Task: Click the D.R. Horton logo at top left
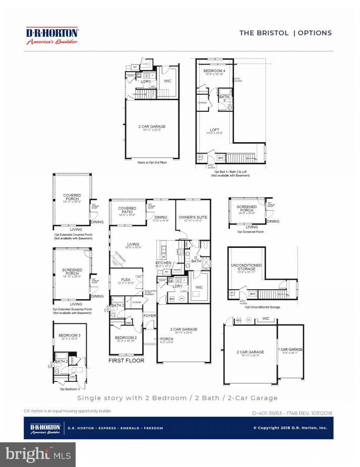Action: coord(52,36)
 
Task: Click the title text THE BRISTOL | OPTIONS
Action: coord(285,33)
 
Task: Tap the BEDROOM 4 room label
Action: coord(214,72)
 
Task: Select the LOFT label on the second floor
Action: coord(214,129)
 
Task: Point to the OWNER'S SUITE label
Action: coord(193,218)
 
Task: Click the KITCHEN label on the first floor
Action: coord(163,263)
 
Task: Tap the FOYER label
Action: coord(150,316)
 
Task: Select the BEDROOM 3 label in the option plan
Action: coord(68,335)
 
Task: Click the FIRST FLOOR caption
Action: coord(127,361)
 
